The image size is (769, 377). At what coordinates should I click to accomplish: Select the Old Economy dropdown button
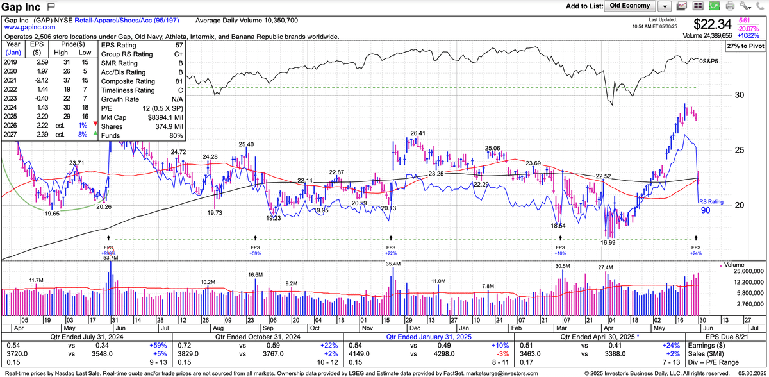coord(630,6)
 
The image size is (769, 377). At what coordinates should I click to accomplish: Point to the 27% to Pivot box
coord(745,47)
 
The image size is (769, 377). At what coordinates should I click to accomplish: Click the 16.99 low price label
coord(608,242)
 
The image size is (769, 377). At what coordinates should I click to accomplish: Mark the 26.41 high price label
coord(418,133)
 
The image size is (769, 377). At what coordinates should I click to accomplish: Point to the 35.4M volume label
coord(393,264)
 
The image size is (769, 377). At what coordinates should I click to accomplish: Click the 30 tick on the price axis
coord(740,96)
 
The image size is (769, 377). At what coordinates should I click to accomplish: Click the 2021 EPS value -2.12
coord(36,82)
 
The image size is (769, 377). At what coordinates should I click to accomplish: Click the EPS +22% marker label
coord(391,250)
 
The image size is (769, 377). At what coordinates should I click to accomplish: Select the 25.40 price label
coord(246,144)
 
